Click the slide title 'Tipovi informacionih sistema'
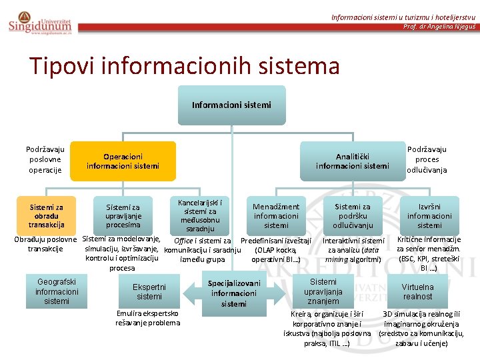click(184, 66)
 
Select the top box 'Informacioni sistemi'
click(231, 105)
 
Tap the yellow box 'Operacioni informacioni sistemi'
click(123, 161)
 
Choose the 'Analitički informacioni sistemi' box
click(352, 161)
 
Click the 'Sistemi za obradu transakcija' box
click(46, 216)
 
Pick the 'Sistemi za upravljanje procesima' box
click(123, 216)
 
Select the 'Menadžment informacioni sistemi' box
click(276, 216)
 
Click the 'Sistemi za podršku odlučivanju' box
click(353, 216)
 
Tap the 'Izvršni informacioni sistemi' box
click(429, 216)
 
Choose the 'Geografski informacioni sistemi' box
click(57, 291)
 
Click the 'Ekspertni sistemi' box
click(149, 291)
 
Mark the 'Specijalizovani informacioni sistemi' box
click(234, 293)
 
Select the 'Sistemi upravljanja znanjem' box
click(323, 291)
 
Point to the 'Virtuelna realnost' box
click(418, 291)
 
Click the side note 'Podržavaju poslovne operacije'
click(45, 160)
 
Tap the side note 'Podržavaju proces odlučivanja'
click(427, 160)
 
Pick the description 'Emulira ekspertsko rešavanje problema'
click(148, 317)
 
